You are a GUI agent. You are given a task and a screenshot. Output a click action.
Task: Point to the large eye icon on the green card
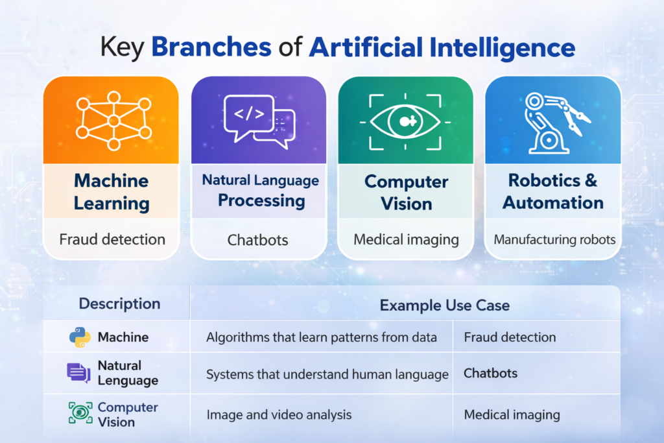[406, 121]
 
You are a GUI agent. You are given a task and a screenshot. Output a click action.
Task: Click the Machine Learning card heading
[111, 191]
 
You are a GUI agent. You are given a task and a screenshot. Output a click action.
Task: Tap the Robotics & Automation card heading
[553, 191]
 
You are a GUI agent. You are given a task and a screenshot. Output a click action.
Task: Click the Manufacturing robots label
[554, 239]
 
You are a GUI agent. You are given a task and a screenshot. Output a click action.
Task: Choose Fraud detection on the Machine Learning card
[112, 239]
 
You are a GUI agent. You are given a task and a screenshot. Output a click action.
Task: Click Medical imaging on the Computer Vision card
[406, 239]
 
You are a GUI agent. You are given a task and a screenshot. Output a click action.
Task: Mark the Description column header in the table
[119, 304]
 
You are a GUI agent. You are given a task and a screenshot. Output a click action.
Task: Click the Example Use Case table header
[445, 305]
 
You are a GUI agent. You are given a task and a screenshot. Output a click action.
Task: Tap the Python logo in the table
[80, 337]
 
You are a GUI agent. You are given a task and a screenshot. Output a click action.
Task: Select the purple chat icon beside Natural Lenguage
[79, 373]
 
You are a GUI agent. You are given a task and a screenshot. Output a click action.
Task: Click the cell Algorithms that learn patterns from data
[321, 337]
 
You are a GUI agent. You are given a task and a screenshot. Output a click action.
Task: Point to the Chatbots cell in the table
[491, 374]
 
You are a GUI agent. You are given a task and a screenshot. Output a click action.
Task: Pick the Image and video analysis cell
[279, 414]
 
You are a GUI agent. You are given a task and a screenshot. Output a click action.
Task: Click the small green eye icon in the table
[79, 414]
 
